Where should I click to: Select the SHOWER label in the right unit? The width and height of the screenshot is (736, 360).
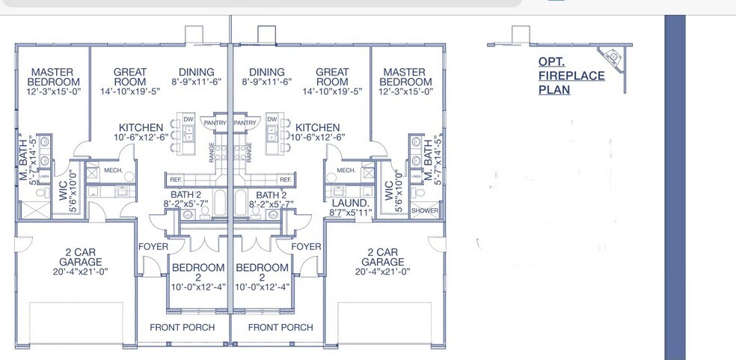tap(424, 210)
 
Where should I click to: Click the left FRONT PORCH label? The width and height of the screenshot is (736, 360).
tap(182, 327)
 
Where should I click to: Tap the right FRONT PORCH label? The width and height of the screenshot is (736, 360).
tap(280, 327)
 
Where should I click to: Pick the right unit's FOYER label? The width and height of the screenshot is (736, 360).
tap(306, 246)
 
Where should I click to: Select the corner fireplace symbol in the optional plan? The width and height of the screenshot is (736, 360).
tap(613, 56)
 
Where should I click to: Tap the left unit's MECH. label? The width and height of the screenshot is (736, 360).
tap(113, 171)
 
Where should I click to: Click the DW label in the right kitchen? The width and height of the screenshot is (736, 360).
tap(273, 120)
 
